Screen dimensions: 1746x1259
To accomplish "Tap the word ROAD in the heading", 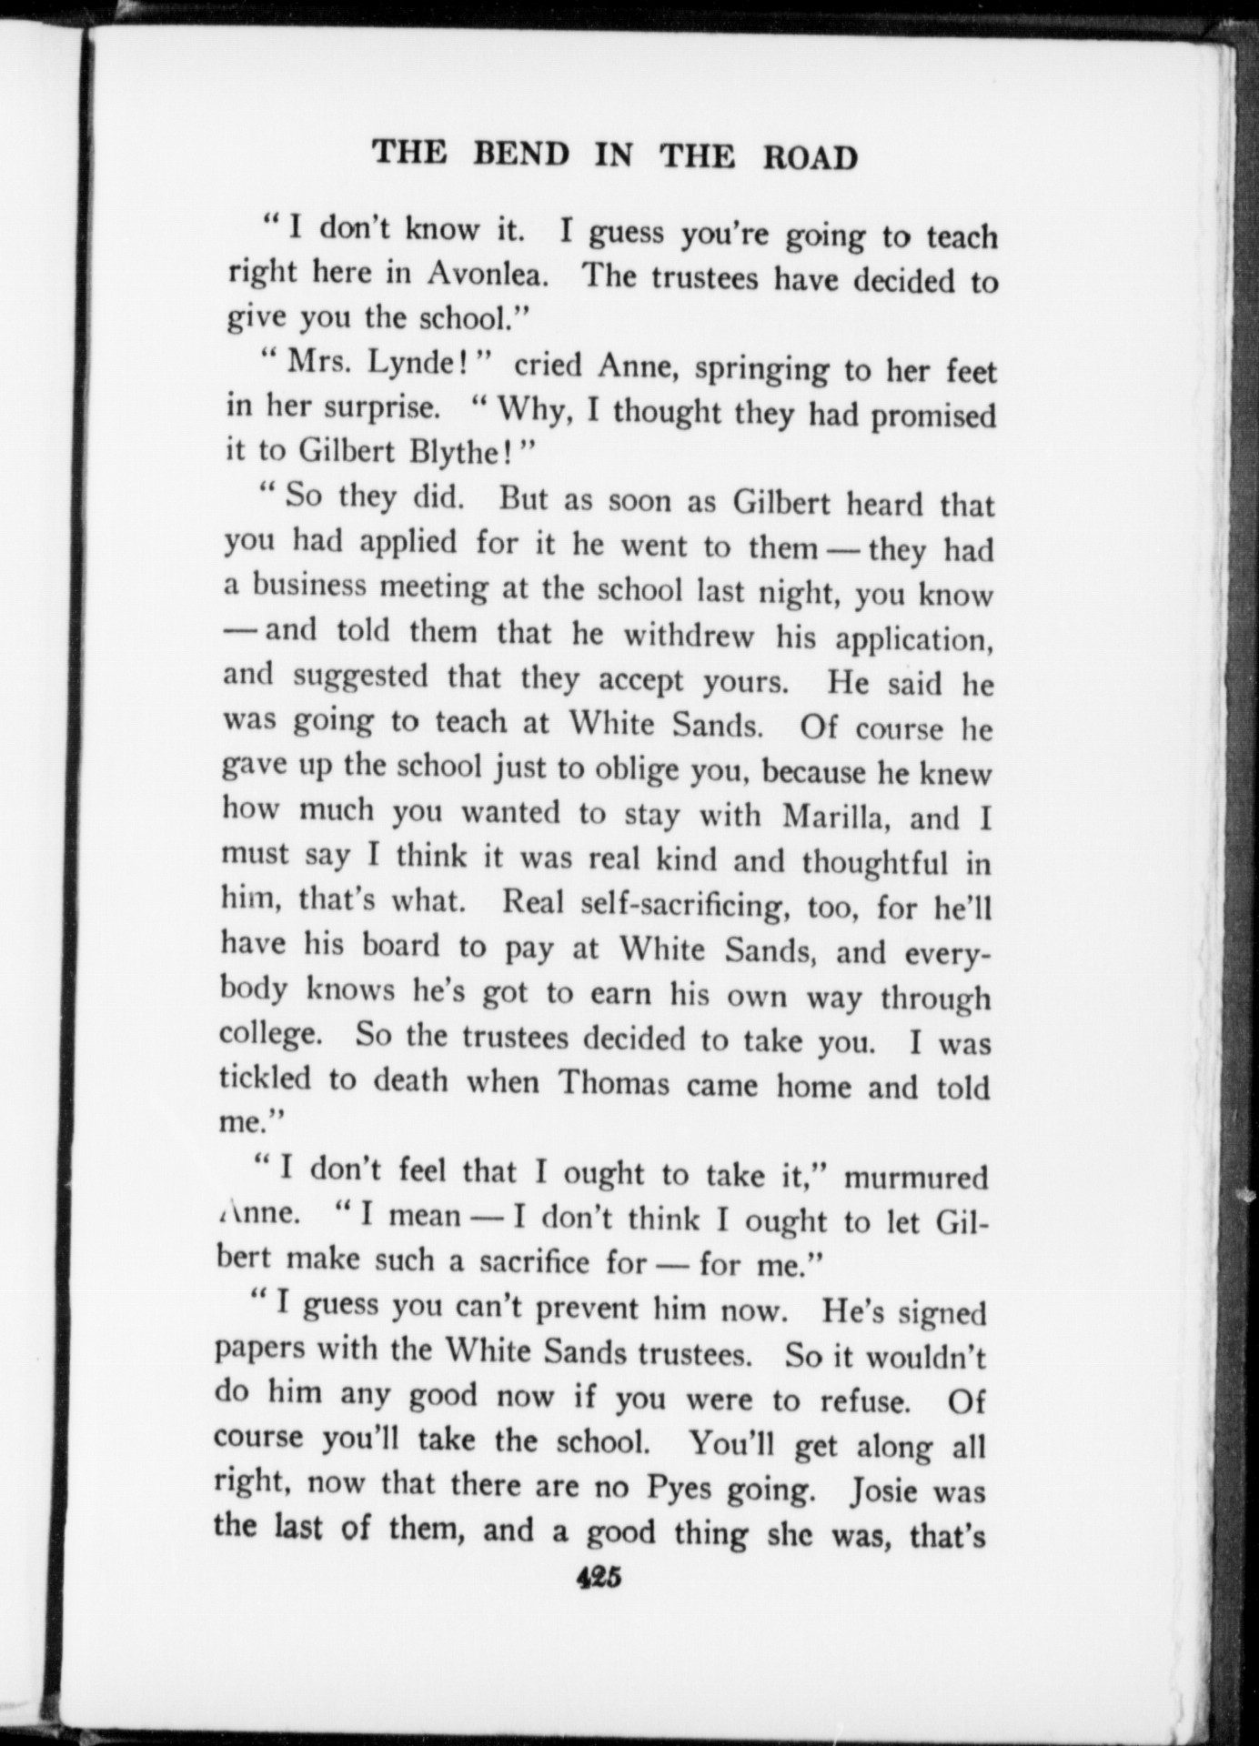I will click(x=809, y=157).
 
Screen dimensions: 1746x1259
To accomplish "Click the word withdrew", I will click(x=689, y=636).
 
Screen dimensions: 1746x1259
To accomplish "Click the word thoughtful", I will click(x=874, y=862).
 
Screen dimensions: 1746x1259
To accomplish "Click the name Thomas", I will click(x=613, y=1084).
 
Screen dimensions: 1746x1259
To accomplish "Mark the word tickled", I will click(x=265, y=1079).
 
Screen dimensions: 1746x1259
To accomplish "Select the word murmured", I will click(x=915, y=1178).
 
